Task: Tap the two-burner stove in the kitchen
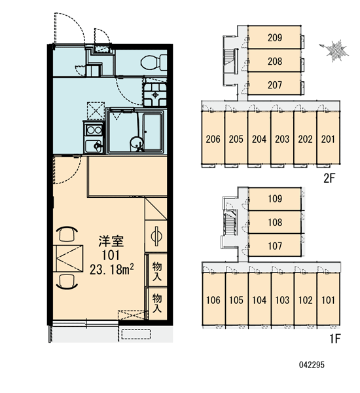(94, 130)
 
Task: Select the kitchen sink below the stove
(94, 145)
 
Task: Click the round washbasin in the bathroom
(137, 143)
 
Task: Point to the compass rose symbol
(335, 51)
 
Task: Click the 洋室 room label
(111, 241)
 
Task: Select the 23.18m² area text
(111, 269)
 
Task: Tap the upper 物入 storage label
(157, 271)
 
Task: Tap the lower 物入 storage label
(157, 303)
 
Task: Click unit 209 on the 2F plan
(274, 37)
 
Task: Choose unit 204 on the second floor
(259, 139)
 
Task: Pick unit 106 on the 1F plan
(213, 300)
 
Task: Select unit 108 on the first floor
(275, 222)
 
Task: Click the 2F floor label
(329, 178)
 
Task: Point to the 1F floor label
(334, 339)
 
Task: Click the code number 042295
(312, 365)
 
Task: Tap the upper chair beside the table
(67, 234)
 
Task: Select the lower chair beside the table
(67, 282)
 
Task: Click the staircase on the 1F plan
(230, 223)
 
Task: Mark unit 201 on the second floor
(328, 139)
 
